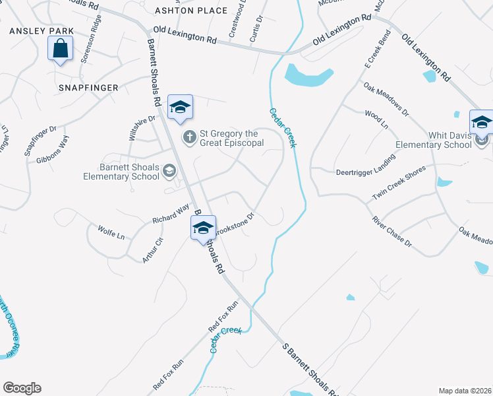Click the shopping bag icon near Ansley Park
tap(60, 49)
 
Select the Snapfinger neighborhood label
tap(88, 87)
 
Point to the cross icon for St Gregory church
tap(189, 137)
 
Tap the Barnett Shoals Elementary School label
tap(121, 172)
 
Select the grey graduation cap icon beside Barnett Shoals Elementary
tap(169, 172)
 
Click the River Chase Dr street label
tap(391, 232)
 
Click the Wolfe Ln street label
tap(111, 232)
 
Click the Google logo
tap(22, 388)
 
